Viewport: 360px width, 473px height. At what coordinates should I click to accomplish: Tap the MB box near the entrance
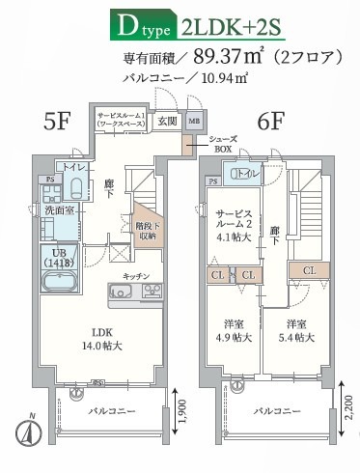(x=194, y=121)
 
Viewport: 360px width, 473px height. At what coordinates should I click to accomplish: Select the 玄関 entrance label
(x=167, y=121)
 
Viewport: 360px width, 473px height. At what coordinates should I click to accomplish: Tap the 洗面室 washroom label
(x=56, y=209)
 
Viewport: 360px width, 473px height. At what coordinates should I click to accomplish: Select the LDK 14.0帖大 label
(x=93, y=340)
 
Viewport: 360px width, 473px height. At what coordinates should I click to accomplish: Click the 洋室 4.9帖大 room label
(x=235, y=331)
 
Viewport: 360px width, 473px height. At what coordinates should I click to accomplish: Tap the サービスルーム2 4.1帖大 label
(x=236, y=224)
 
